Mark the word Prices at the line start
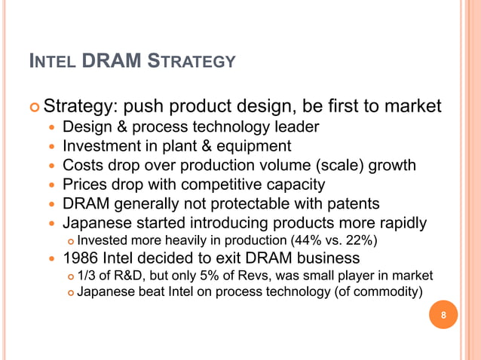click(84, 185)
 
